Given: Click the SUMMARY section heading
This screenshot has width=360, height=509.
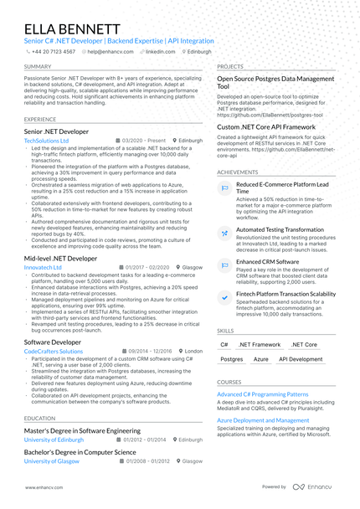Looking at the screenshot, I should [x=37, y=66].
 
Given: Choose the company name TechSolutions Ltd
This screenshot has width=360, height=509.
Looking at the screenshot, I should [x=47, y=141].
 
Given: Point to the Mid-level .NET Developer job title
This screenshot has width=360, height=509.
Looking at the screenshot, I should [x=60, y=259].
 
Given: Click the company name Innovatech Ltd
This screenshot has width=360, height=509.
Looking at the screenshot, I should [x=43, y=267].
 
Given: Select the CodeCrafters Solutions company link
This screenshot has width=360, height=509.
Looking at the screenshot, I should [x=54, y=352].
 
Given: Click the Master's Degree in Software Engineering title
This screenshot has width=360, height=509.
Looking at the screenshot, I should [x=82, y=430].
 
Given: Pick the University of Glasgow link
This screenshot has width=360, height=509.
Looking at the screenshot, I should [x=51, y=460].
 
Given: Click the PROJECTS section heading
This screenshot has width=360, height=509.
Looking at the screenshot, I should [x=230, y=66].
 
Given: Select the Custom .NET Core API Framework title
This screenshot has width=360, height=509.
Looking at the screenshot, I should [x=265, y=126].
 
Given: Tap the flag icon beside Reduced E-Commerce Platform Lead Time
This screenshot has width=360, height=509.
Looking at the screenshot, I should [x=224, y=188].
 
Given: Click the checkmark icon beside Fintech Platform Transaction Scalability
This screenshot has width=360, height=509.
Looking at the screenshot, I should [x=224, y=297].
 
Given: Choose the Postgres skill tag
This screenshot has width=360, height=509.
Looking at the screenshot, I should [x=232, y=358].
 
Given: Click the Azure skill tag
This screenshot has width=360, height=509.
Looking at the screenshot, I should [x=261, y=358].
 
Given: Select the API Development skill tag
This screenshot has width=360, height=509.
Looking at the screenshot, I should [x=300, y=358].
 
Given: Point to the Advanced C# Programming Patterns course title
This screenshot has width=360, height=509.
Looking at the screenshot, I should [x=263, y=393].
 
